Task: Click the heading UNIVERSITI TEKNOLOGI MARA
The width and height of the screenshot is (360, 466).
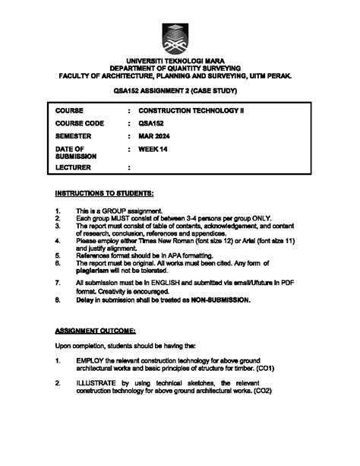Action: pos(180,59)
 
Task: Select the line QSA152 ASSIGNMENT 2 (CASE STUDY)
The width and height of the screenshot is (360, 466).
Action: pos(180,91)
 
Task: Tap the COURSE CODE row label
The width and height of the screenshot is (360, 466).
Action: pos(80,122)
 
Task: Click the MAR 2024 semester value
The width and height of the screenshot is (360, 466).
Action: pos(154,135)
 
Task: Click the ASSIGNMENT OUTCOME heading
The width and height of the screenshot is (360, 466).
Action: pos(96,331)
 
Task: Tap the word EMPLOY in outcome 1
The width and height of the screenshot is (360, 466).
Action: pos(91,360)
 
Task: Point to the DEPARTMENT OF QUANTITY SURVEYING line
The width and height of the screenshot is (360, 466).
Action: pos(180,68)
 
